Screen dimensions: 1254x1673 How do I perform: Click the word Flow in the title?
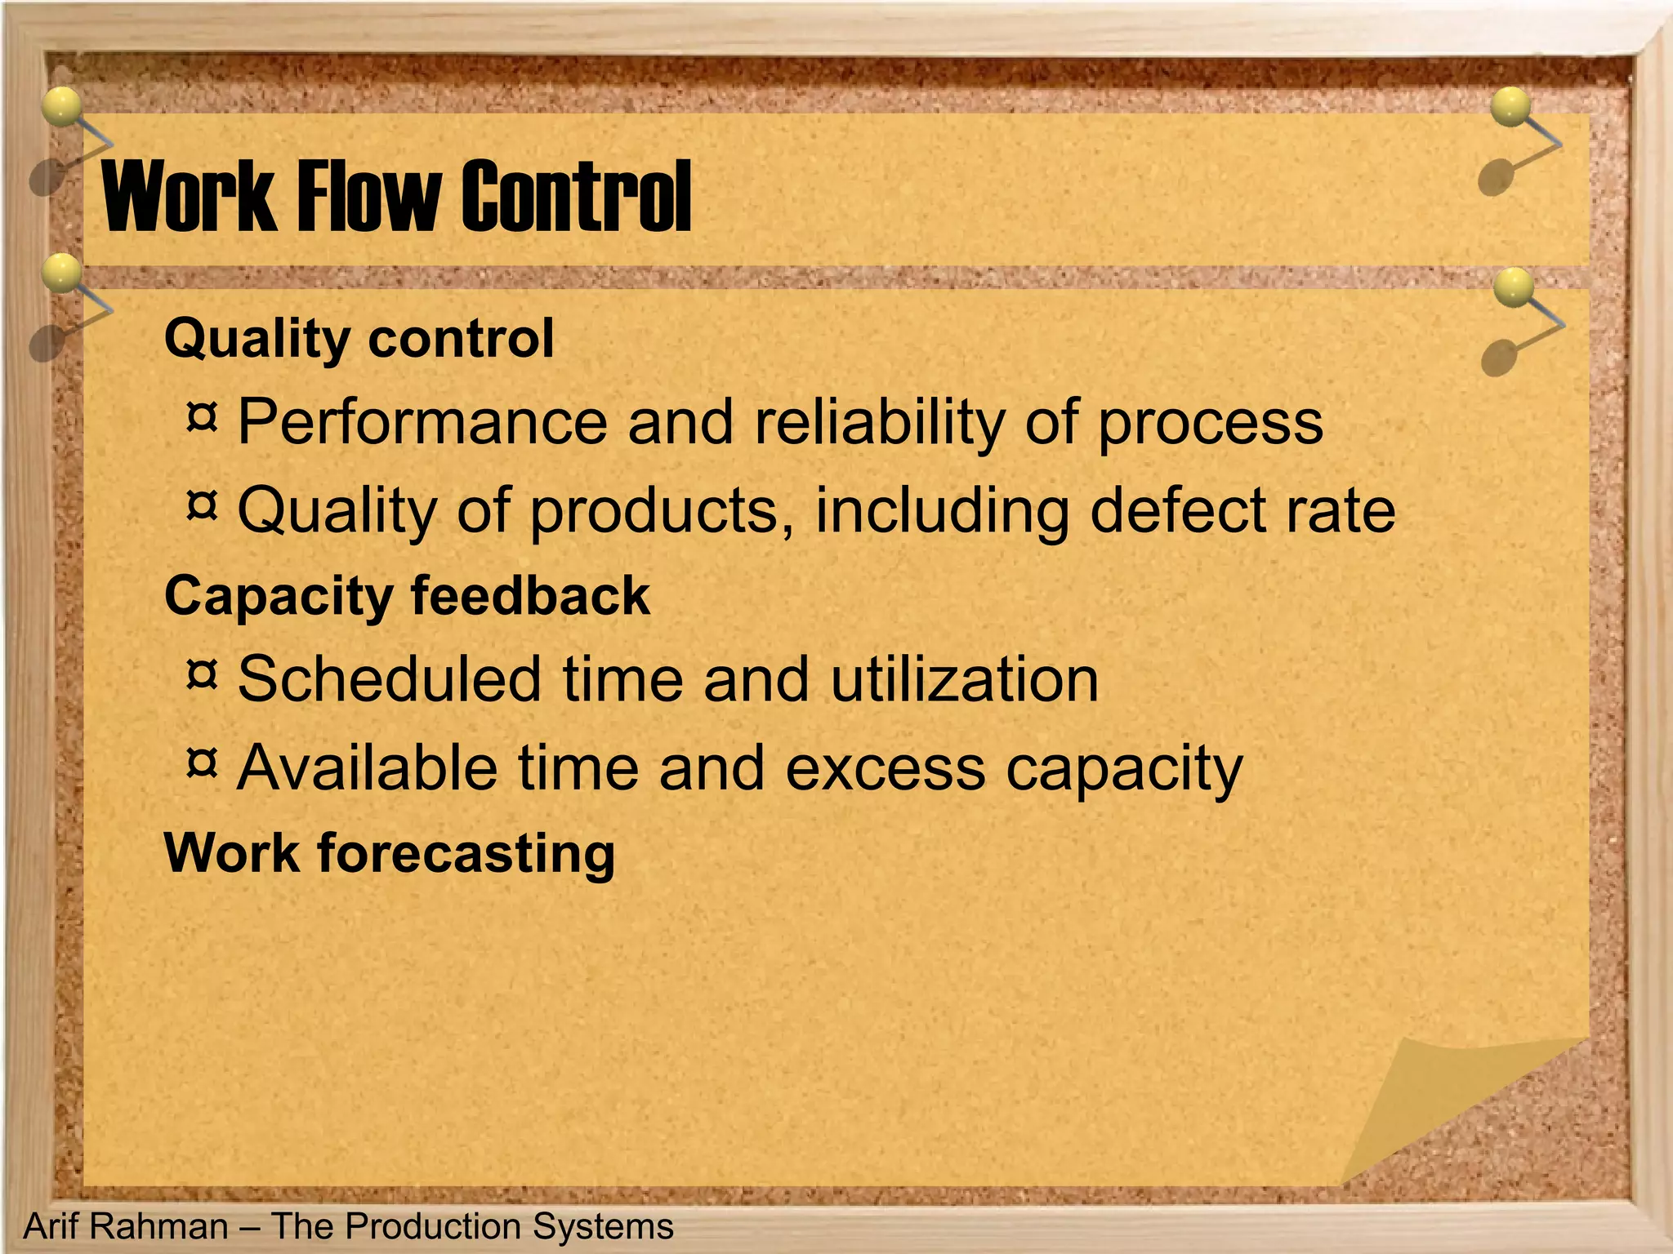coord(368,196)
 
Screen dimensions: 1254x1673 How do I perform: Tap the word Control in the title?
coord(577,196)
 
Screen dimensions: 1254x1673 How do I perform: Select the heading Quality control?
coord(359,338)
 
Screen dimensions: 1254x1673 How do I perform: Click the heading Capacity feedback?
coord(407,595)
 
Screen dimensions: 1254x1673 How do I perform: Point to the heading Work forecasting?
coord(389,853)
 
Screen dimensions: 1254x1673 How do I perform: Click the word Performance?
coord(422,422)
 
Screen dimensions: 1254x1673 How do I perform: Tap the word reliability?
coord(880,422)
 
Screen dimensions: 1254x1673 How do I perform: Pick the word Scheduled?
coord(390,679)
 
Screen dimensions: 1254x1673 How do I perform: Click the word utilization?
coord(964,679)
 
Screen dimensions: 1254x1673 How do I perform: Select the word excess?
coord(885,769)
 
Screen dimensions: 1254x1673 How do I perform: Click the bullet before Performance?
coord(202,417)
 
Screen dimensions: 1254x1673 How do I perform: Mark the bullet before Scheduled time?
coord(202,674)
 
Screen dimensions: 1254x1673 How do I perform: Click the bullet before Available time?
coord(202,763)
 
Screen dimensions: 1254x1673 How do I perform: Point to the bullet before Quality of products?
coord(202,505)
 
